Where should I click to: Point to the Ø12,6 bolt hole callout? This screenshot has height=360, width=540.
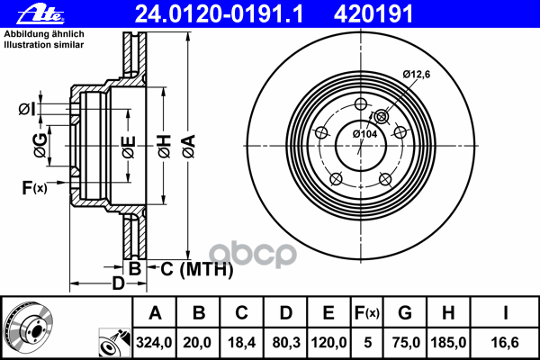click(418, 74)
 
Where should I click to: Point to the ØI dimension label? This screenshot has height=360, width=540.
click(26, 110)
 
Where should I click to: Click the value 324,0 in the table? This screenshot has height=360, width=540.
click(154, 342)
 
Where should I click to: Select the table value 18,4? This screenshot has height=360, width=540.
click(240, 342)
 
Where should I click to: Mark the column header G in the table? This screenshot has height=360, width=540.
click(405, 312)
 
